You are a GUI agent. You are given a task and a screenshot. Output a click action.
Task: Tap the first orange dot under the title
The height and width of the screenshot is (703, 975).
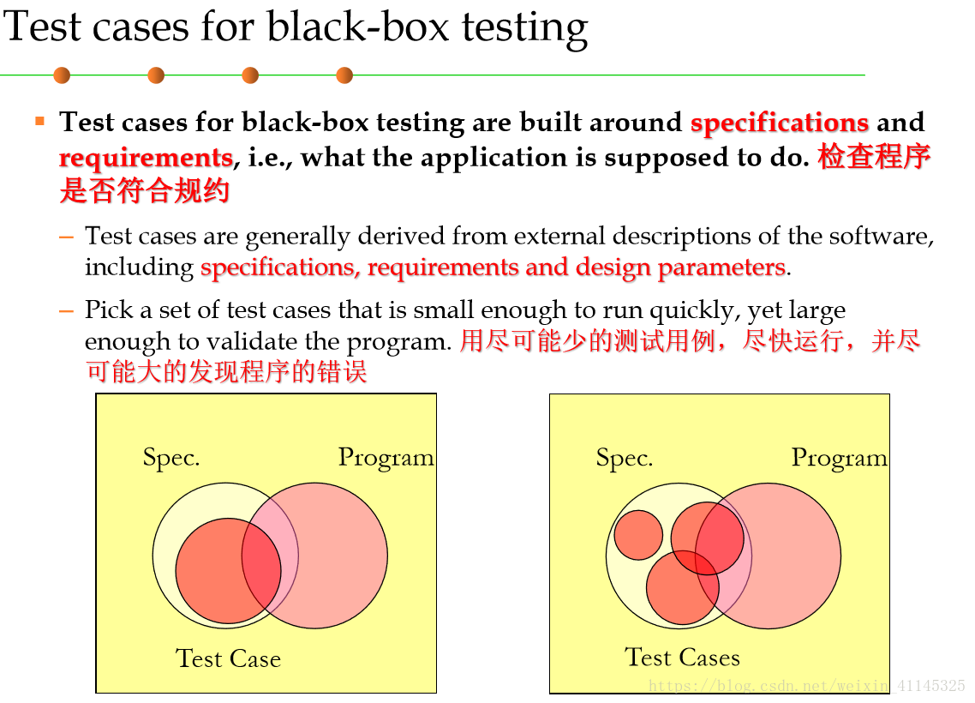[x=62, y=75]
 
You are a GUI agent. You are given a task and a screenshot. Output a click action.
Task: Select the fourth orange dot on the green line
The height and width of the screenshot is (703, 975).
[x=344, y=75]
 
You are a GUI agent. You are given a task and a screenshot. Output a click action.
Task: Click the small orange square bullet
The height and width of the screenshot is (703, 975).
[x=39, y=121]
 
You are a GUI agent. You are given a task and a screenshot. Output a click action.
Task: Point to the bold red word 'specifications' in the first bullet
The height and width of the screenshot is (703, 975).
[x=779, y=123]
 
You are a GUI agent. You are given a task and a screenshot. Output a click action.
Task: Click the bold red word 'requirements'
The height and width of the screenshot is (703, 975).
[x=147, y=158]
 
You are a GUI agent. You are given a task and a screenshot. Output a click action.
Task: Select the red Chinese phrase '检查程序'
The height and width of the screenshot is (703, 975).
[x=874, y=156]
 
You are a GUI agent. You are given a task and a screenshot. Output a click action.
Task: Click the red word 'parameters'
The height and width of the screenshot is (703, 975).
[x=722, y=267]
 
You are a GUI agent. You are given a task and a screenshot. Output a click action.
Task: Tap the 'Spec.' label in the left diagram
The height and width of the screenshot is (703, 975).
[x=171, y=458]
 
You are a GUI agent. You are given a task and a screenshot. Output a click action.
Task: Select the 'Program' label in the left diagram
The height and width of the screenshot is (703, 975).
[x=386, y=458]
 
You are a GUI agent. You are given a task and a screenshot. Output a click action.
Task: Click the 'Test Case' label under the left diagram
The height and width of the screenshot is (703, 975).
[x=228, y=658]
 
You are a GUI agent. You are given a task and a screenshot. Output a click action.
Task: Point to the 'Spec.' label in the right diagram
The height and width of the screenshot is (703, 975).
[x=625, y=458]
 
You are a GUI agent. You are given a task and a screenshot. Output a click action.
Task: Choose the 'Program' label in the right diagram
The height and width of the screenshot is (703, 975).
[x=840, y=458]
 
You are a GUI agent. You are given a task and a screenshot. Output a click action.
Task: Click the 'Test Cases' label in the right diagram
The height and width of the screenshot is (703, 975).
[x=682, y=657]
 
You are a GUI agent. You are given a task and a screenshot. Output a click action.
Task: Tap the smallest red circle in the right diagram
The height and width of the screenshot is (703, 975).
[x=638, y=535]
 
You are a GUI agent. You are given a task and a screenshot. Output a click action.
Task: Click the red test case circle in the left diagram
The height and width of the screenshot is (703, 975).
[x=228, y=571]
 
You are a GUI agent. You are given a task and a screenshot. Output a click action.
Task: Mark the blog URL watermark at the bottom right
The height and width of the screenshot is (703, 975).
[x=806, y=686]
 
